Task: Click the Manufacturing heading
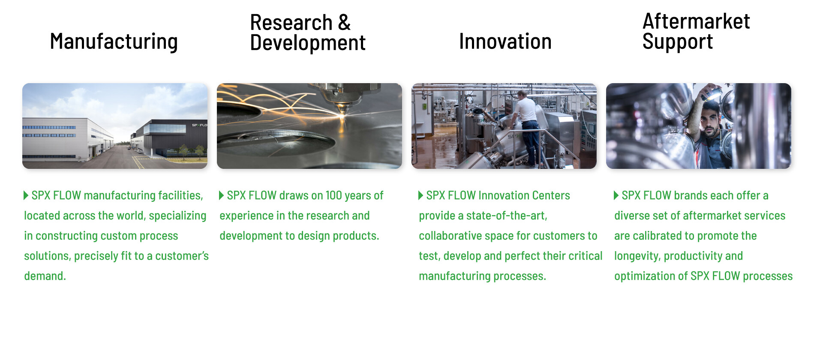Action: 114,42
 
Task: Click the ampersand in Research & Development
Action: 344,23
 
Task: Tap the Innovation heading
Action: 505,42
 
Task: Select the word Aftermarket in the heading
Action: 696,21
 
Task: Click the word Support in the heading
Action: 677,42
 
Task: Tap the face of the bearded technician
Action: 710,122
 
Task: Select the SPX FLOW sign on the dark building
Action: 199,125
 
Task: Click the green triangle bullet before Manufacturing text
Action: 26,195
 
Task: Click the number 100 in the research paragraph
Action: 333,195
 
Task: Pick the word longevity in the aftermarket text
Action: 637,256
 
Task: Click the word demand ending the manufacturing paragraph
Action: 45,276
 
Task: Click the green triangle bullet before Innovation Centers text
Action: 421,195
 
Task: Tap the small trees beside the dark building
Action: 191,150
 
